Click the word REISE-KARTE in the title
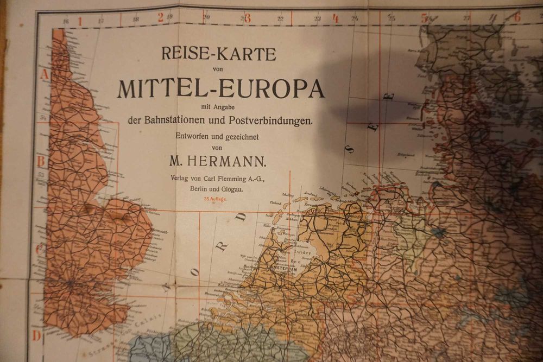218,54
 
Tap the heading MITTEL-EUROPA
220,88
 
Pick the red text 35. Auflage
216,200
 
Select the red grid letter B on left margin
40,161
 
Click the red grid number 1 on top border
79,21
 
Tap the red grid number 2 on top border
161,17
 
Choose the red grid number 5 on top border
424,17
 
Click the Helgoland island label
406,155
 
